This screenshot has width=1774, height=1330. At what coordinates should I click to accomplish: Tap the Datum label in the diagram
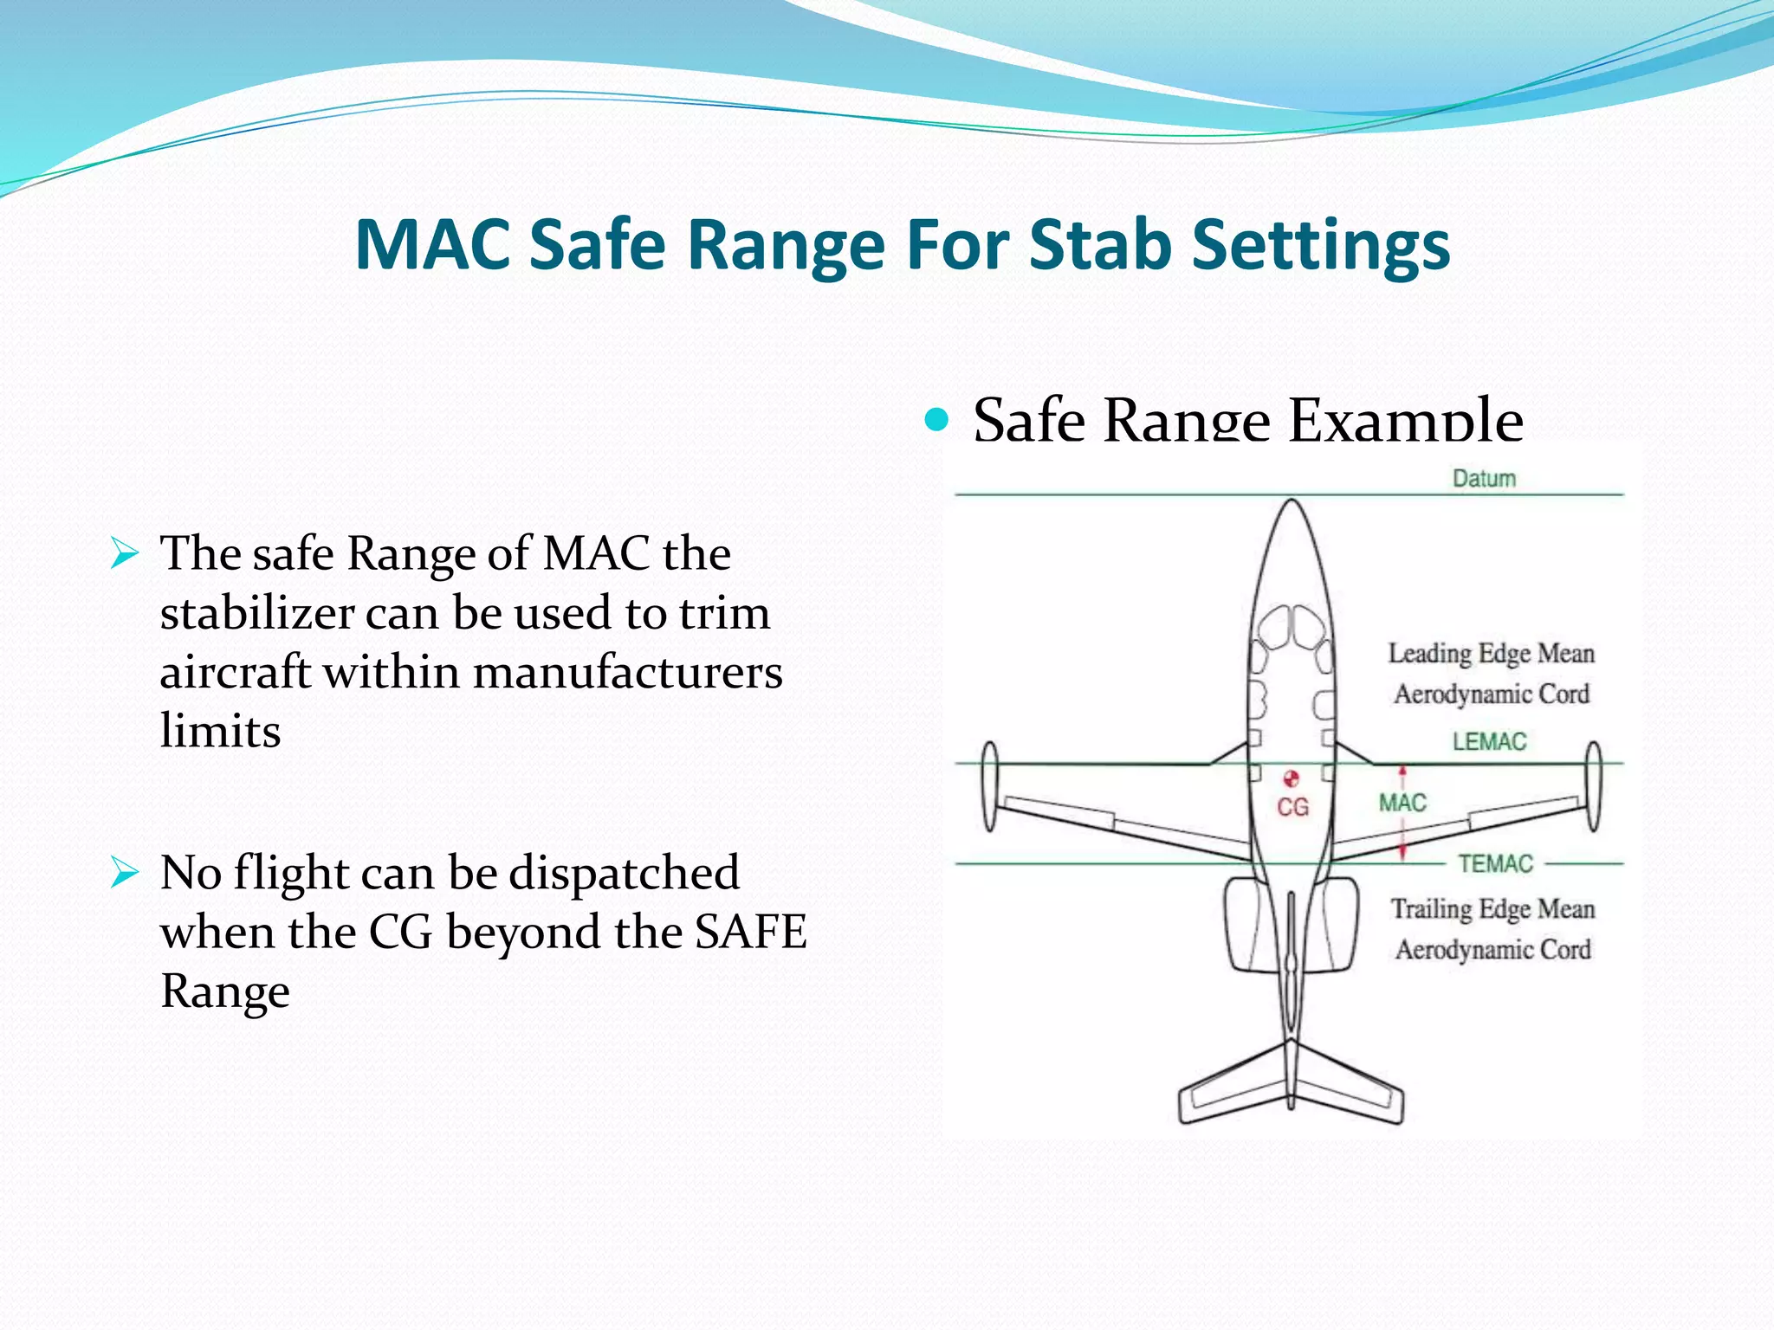pyautogui.click(x=1484, y=479)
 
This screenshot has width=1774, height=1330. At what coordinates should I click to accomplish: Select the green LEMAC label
pyautogui.click(x=1489, y=742)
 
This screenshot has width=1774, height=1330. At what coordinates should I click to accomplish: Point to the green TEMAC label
pyautogui.click(x=1495, y=864)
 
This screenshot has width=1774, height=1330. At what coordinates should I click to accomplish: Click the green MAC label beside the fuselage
pyautogui.click(x=1402, y=804)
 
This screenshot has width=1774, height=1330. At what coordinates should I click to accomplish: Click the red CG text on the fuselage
pyautogui.click(x=1292, y=808)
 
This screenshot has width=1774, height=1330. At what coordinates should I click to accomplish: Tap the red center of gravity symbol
pyautogui.click(x=1292, y=778)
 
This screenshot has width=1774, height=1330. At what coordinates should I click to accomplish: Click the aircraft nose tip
pyautogui.click(x=1292, y=502)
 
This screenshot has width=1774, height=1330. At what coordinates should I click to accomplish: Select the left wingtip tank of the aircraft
pyautogui.click(x=990, y=786)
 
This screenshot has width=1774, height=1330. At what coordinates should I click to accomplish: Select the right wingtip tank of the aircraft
pyautogui.click(x=1593, y=786)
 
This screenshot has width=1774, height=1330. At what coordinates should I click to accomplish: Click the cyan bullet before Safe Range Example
pyautogui.click(x=936, y=421)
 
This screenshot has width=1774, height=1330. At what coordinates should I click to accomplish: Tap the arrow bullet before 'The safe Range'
pyautogui.click(x=125, y=553)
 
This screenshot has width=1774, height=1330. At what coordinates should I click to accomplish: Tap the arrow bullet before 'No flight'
pyautogui.click(x=125, y=873)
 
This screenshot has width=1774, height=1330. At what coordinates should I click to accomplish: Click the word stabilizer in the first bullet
pyautogui.click(x=256, y=613)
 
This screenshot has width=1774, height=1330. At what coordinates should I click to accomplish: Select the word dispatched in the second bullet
pyautogui.click(x=624, y=873)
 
